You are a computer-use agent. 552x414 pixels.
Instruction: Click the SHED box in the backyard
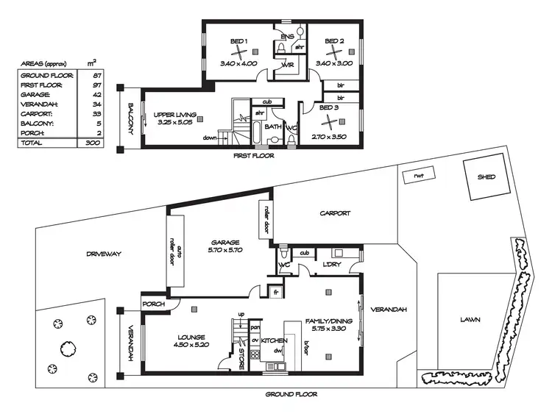click(486, 177)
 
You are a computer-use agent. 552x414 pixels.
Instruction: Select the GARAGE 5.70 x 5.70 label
click(225, 246)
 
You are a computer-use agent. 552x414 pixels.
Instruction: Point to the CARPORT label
click(335, 214)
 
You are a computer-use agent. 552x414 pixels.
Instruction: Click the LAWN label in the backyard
click(470, 320)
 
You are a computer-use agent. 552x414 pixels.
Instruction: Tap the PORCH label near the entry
click(153, 304)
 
